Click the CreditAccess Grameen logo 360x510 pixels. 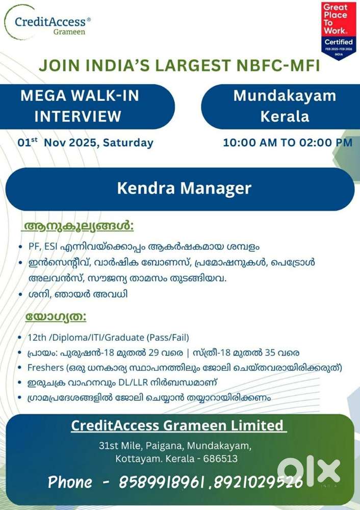coord(48,23)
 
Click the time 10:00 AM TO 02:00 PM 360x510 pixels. coord(288,142)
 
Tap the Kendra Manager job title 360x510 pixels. coord(184,188)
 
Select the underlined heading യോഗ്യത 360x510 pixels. coord(56,317)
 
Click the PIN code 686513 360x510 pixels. coord(220,458)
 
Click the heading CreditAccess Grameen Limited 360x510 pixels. coord(177,425)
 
